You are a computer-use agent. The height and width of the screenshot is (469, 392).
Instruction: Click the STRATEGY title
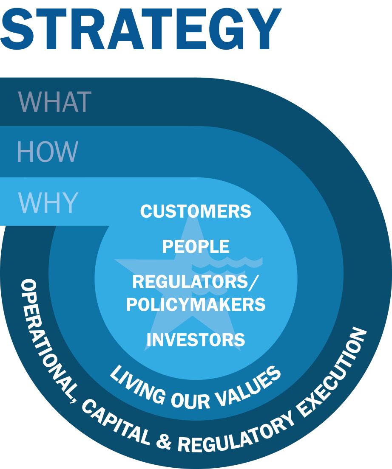coord(140,29)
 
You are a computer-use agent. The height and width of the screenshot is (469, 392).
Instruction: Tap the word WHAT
coord(55,102)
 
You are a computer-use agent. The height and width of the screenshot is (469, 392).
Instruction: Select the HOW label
coord(48,152)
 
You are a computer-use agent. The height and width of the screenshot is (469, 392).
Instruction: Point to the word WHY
coord(48,202)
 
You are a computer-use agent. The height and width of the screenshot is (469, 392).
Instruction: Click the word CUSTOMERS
coord(196,211)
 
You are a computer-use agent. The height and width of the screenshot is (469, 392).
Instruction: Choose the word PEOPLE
coord(196,247)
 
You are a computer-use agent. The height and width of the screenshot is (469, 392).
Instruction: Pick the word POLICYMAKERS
coord(196,304)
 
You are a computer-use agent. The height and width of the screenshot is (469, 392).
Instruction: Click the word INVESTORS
coord(196,340)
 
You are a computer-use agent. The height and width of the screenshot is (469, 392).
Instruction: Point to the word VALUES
coord(248,386)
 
